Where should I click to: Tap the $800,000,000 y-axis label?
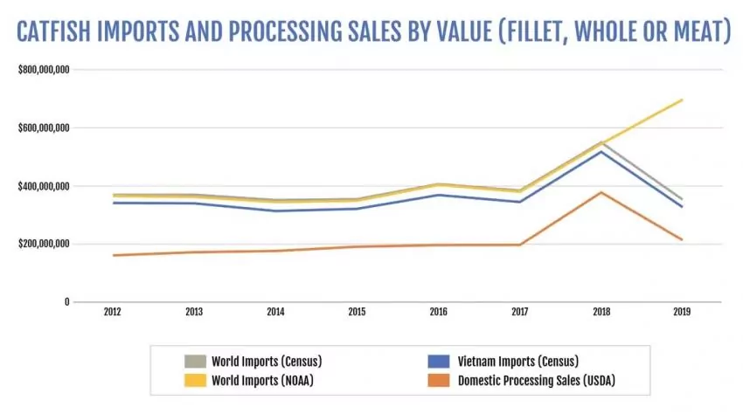pyautogui.click(x=44, y=70)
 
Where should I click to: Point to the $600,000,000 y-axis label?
pyautogui.click(x=44, y=128)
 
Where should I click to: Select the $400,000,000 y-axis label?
pyautogui.click(x=44, y=186)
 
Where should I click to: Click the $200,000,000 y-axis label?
pyautogui.click(x=44, y=245)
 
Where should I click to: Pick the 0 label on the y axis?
pyautogui.click(x=66, y=302)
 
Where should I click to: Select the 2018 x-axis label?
pyautogui.click(x=601, y=312)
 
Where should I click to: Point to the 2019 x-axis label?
pyautogui.click(x=682, y=312)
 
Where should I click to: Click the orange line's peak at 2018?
pyautogui.click(x=601, y=192)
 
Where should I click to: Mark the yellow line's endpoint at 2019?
pyautogui.click(x=682, y=100)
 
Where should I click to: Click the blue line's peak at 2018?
pyautogui.click(x=601, y=152)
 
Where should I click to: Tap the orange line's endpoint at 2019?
pyautogui.click(x=682, y=239)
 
